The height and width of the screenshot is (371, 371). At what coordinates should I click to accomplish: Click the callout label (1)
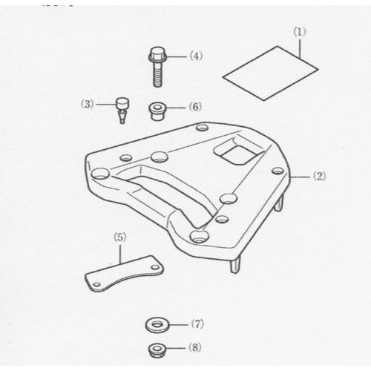pos(300,32)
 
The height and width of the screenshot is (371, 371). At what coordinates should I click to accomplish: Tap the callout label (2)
pos(320,177)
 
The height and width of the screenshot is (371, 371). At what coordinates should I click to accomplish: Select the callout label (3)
pos(88,105)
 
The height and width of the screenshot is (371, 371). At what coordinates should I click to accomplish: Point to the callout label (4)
pos(196,56)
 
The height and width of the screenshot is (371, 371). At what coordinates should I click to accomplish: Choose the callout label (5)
pos(120,237)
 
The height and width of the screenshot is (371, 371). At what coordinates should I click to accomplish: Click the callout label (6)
pos(195,107)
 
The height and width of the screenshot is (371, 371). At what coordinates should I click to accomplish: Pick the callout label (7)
pos(197,324)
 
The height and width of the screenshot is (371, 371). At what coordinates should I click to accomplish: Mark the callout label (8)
pos(195,348)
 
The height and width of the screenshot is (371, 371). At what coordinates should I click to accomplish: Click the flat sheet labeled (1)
pos(270,73)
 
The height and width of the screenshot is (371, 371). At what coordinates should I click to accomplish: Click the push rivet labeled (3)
pos(122,111)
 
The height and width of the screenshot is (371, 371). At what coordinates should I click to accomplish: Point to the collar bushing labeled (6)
pos(157,112)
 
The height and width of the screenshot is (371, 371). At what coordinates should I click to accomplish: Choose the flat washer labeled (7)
pos(157,325)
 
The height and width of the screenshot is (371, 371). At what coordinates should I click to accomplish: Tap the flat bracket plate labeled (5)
pos(124,274)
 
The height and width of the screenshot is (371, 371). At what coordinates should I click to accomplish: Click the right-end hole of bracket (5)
pos(155,267)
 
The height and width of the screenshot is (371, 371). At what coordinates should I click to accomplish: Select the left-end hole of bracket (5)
pos(97,284)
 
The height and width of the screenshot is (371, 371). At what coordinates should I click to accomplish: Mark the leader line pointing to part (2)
pos(300,177)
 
